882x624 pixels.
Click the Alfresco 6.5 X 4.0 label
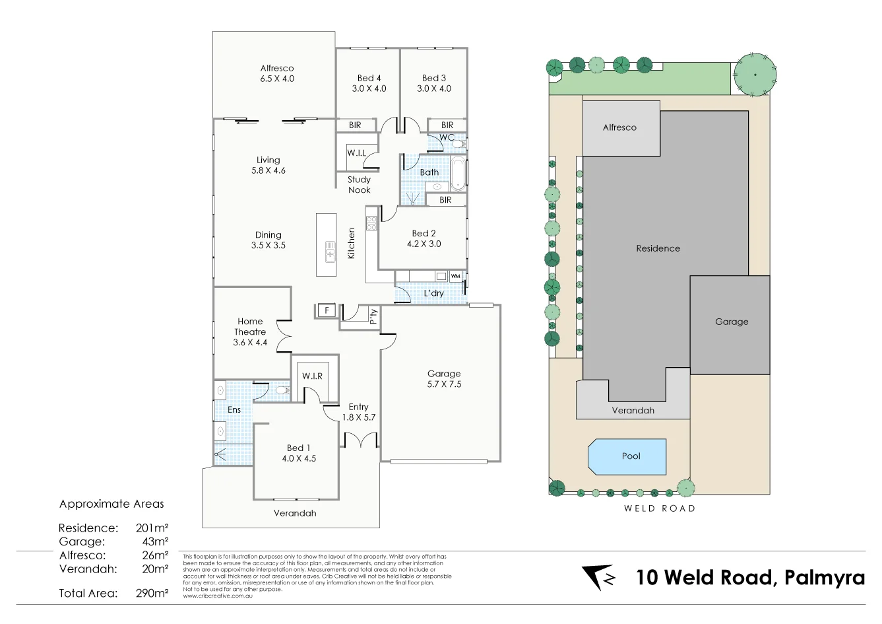click(277, 73)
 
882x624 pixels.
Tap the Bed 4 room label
click(369, 83)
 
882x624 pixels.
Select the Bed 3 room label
click(434, 83)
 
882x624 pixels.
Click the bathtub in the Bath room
click(458, 173)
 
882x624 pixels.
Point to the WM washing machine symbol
click(455, 276)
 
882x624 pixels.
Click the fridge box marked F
click(326, 310)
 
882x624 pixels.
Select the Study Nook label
click(360, 184)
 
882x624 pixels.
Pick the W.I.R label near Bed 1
click(313, 376)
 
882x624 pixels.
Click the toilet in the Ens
click(282, 391)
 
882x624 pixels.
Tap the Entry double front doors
click(361, 440)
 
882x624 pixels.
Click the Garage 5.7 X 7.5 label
click(444, 378)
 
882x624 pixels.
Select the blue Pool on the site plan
click(627, 456)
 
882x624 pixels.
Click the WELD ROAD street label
click(660, 508)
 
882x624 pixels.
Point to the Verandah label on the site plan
click(633, 410)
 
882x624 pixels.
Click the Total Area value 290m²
click(152, 593)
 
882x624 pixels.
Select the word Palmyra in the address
click(825, 578)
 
